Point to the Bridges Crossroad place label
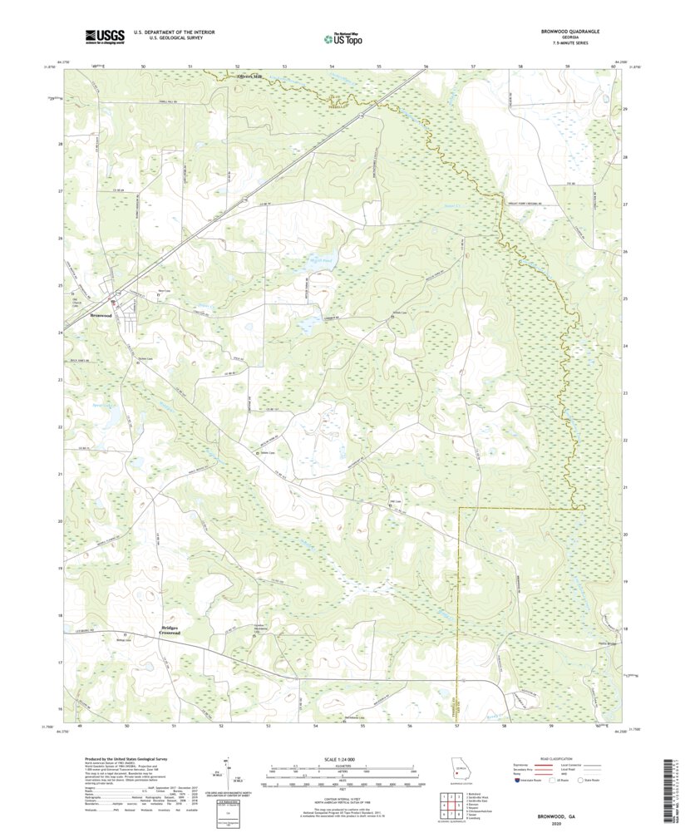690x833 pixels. pyautogui.click(x=170, y=629)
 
